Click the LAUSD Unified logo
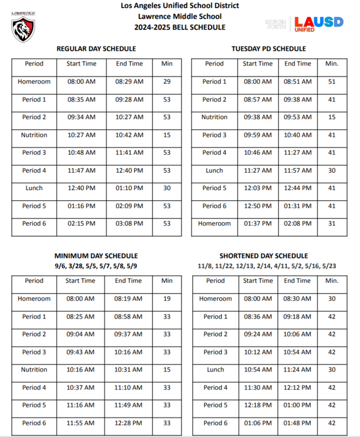318,23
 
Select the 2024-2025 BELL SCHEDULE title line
180,27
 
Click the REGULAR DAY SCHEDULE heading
96,49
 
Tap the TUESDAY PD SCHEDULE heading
268,49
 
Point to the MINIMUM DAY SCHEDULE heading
96,256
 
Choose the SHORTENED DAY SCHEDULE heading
263,256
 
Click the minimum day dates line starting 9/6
96,265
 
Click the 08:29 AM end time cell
129,82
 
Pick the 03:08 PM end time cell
129,223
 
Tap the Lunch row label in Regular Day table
34,188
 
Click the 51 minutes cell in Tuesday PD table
332,82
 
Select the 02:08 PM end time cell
297,223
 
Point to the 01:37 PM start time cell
257,223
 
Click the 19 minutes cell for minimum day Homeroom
167,299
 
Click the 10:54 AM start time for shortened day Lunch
258,370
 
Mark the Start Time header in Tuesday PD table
257,64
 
